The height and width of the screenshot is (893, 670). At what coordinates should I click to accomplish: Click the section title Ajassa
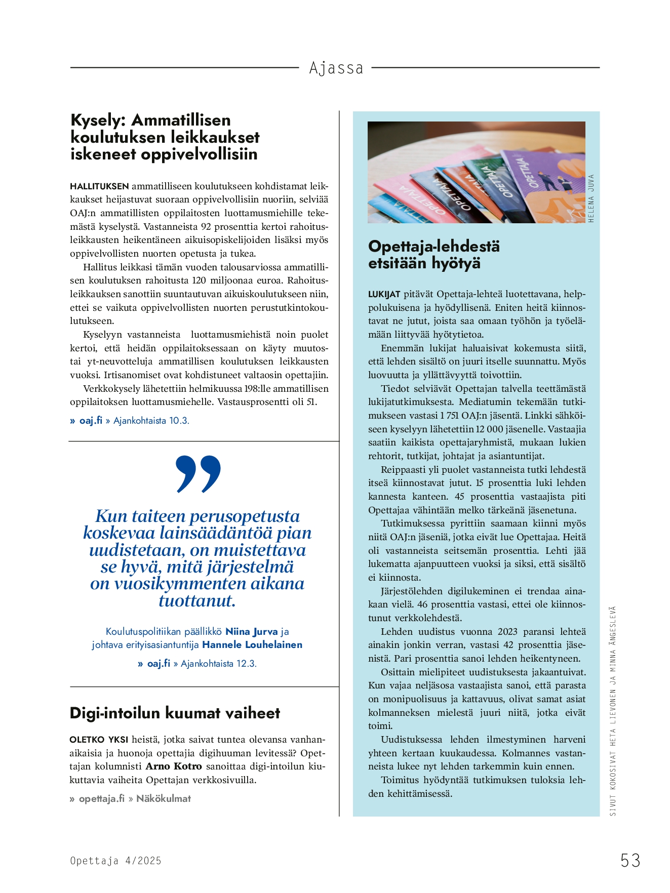(x=336, y=68)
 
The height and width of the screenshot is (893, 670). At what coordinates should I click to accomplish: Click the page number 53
(x=630, y=860)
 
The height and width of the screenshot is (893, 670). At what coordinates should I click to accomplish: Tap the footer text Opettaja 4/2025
(x=115, y=861)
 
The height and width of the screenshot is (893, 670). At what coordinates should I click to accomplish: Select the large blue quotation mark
(x=198, y=474)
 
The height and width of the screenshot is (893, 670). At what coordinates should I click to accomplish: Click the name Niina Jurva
(x=252, y=631)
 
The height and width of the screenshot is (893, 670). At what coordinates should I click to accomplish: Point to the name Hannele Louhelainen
(x=252, y=644)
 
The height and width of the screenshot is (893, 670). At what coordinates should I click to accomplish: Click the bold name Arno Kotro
(x=174, y=766)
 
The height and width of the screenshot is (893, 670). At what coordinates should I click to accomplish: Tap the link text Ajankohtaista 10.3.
(x=151, y=420)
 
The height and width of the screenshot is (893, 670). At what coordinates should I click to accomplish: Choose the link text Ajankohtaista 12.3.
(x=219, y=663)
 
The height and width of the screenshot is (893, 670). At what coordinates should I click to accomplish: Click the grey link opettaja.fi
(x=101, y=798)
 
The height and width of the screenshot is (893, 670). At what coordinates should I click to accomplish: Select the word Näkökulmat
(x=164, y=798)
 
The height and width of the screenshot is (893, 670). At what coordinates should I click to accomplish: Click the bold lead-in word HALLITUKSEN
(x=99, y=186)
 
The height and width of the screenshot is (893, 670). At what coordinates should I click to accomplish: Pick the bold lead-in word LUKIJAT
(x=384, y=294)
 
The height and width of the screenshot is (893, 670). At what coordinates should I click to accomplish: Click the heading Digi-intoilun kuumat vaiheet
(x=175, y=713)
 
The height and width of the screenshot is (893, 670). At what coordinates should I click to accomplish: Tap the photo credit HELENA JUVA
(x=591, y=198)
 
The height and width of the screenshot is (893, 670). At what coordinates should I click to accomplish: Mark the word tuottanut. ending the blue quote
(x=197, y=601)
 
